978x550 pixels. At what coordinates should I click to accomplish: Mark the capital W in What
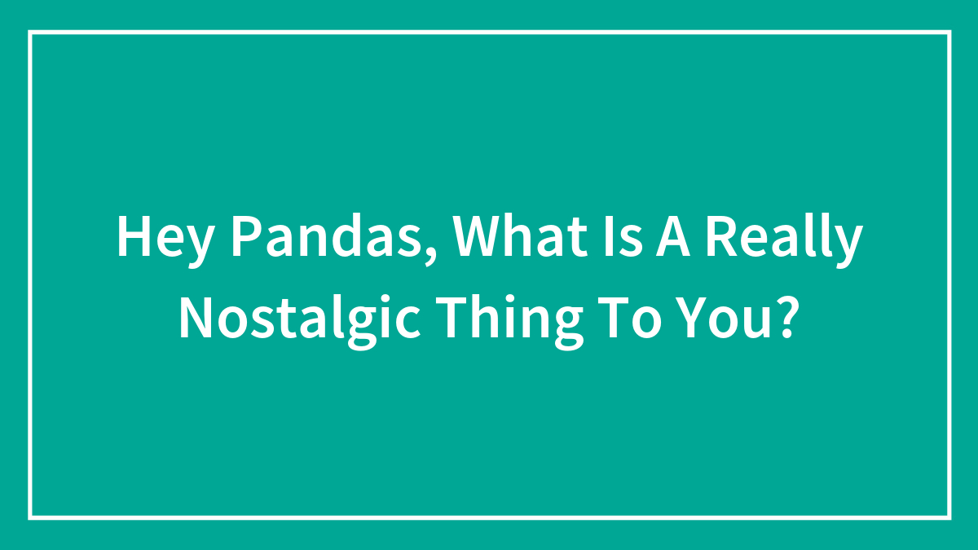(x=476, y=236)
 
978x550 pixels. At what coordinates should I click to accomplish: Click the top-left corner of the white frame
(x=29, y=32)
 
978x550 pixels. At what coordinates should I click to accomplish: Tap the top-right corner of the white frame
(x=949, y=32)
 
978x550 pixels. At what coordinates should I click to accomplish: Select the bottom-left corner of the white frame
(x=29, y=517)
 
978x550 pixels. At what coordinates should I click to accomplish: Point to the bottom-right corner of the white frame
(x=949, y=517)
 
